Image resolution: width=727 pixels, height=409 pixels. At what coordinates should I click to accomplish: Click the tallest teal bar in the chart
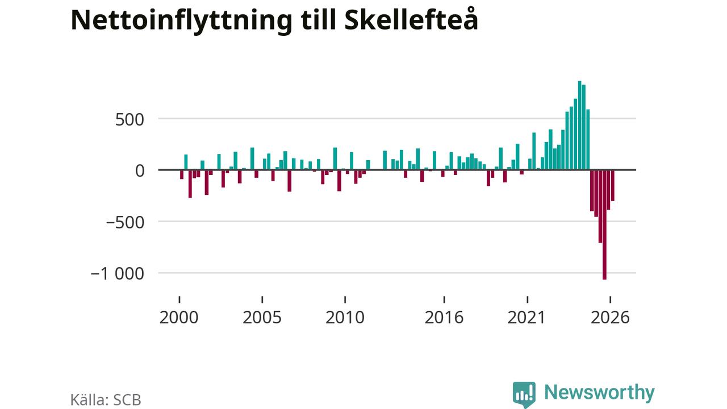tap(579, 126)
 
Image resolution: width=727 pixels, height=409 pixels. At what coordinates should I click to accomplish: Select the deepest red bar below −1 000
tap(604, 224)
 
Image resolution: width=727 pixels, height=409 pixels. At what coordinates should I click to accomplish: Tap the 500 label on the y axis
tap(129, 120)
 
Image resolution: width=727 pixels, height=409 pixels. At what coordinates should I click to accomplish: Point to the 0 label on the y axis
tap(140, 171)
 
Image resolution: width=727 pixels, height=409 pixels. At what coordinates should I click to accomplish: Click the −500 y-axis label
tap(125, 223)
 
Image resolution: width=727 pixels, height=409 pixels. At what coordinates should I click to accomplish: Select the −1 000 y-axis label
tap(117, 274)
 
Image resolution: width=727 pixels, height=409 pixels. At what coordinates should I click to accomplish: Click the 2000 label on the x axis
tap(179, 318)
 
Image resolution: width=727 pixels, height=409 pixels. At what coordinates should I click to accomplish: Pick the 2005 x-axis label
tap(262, 318)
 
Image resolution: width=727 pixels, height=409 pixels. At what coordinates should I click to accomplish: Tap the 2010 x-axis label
tap(345, 318)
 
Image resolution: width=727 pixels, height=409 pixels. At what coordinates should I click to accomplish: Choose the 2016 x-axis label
tap(444, 318)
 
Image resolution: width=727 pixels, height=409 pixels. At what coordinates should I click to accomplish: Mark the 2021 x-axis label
tap(527, 318)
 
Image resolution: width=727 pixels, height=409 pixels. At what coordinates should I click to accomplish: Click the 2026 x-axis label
tap(610, 318)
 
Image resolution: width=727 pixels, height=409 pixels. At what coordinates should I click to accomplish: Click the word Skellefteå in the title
tap(411, 19)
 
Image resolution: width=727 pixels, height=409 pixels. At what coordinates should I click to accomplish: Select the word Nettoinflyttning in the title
tap(181, 20)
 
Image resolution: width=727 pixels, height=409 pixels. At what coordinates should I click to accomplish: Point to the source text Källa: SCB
tap(106, 400)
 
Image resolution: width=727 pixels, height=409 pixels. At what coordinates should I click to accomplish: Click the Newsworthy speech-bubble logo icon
tap(524, 394)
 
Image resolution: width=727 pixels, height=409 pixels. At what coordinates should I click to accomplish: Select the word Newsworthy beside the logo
tap(599, 393)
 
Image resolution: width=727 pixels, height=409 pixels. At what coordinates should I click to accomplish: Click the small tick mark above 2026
tap(610, 299)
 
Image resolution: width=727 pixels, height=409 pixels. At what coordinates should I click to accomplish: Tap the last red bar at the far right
tap(612, 185)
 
